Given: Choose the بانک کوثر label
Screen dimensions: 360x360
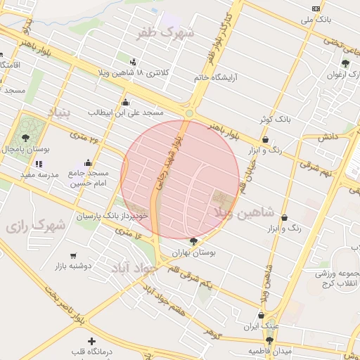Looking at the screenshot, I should pos(275,119).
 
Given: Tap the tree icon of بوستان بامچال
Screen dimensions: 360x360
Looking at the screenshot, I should pos(26,137).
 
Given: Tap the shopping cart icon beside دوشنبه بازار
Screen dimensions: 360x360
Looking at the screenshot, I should pos(74,255).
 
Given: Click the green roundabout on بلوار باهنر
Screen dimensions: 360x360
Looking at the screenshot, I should pos(189,113).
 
